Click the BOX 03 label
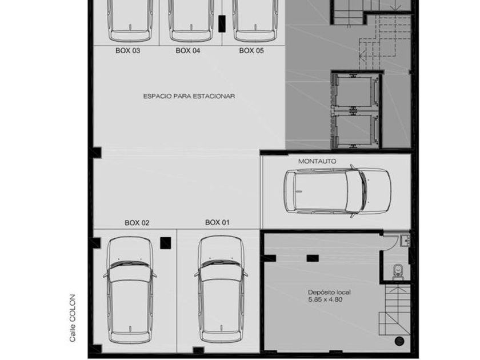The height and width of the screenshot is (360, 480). [127, 51]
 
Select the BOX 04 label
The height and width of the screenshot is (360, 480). [187, 51]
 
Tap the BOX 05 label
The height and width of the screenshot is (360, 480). [251, 51]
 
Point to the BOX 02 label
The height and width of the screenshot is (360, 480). [137, 223]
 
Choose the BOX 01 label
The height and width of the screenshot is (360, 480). [217, 222]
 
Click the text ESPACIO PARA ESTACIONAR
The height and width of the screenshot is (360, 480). [189, 96]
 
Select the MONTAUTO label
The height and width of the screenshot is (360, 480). [317, 161]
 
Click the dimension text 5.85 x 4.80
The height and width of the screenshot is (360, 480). [325, 299]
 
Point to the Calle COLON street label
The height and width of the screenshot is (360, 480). [72, 318]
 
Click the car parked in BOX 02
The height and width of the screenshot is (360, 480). [130, 290]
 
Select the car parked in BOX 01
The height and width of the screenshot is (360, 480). [221, 289]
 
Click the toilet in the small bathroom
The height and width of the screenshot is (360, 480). [398, 272]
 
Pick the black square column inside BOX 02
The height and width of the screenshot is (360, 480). [166, 243]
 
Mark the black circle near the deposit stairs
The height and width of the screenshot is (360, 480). [399, 341]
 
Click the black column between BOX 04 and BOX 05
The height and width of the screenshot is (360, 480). [222, 23]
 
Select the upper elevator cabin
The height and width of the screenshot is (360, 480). [354, 92]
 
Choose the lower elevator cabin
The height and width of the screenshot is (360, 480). [354, 130]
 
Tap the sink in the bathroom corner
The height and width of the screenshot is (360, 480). [406, 240]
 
